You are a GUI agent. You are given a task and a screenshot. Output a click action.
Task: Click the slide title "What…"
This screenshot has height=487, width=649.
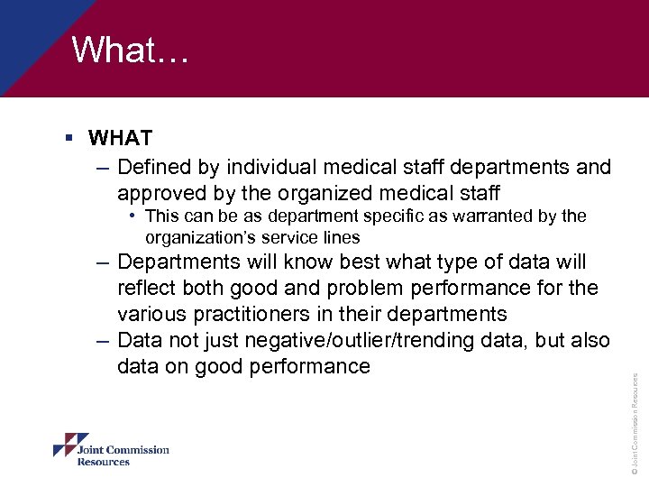pyautogui.click(x=130, y=51)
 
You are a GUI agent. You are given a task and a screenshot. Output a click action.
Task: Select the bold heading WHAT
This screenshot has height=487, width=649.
pyautogui.click(x=120, y=139)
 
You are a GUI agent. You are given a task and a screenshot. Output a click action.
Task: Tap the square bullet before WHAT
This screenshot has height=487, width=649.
pyautogui.click(x=69, y=139)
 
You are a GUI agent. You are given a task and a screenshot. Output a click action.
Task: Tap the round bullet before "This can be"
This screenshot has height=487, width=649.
pyautogui.click(x=133, y=216)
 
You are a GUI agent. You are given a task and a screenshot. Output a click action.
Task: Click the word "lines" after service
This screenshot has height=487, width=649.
pyautogui.click(x=341, y=238)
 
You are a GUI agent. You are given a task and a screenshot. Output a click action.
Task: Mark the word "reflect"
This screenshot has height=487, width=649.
pyautogui.click(x=147, y=288)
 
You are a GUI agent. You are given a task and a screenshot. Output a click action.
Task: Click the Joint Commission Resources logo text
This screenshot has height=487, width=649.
pyautogui.click(x=123, y=455)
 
